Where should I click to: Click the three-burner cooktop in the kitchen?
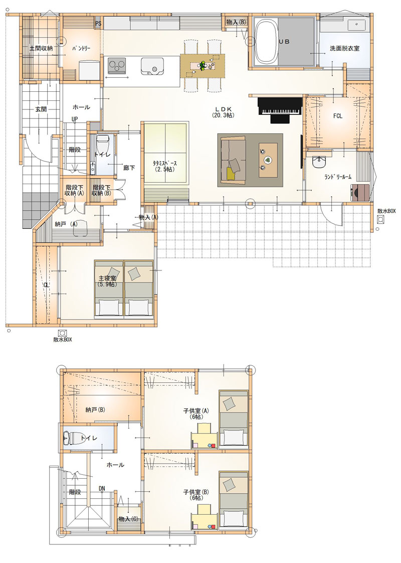pos(117,66)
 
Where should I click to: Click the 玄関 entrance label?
pos(41,109)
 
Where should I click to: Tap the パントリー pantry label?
pos(81,48)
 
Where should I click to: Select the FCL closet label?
pos(337,116)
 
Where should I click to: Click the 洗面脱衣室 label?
pos(345,48)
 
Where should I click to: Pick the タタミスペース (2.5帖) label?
pos(164,166)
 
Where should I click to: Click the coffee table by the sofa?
pos(268,160)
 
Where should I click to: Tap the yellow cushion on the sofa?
pos(232,174)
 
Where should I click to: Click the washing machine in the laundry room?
pos(359,193)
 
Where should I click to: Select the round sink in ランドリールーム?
pos(318,162)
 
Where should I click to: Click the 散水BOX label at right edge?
pos(386,211)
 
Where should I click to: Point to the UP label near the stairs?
pos(75,119)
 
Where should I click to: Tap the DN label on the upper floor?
pos(102,488)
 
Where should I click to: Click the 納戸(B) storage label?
pos(95,409)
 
